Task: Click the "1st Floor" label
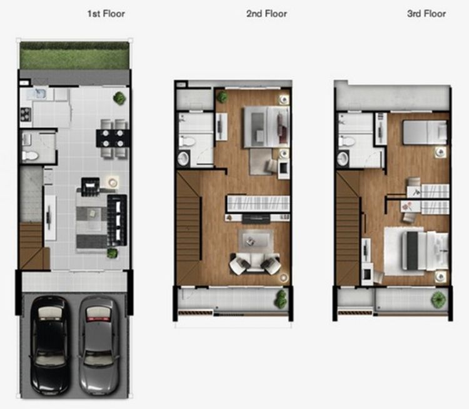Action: point(106,14)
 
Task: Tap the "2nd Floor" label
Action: point(266,14)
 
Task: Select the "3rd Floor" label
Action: point(426,14)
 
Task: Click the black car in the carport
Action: point(50,345)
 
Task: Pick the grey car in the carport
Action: point(99,345)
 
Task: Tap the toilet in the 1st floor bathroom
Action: point(30,155)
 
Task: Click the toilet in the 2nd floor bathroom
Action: point(187,140)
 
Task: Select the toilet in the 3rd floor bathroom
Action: point(346,140)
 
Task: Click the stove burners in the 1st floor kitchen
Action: point(26,114)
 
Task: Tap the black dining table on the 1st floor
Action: point(113,138)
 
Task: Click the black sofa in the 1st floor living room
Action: point(117,220)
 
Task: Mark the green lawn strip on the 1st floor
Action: point(74,56)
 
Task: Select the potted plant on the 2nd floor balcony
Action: point(281,299)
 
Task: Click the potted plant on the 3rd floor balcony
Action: point(438,299)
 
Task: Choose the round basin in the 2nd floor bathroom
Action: point(183,159)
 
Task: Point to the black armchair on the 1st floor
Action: point(90,187)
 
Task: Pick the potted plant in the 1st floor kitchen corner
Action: point(119,98)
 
